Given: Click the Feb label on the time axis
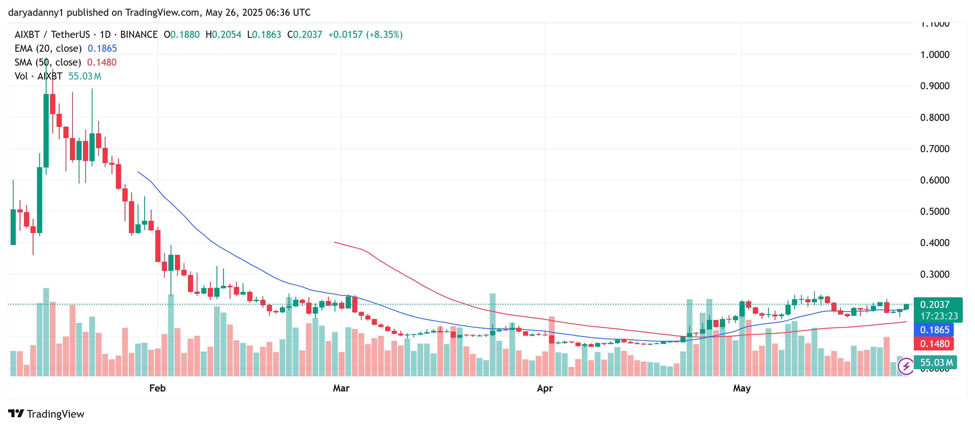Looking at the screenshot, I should click(x=157, y=388).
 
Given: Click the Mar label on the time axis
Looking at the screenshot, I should click(x=341, y=388).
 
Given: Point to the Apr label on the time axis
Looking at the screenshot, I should click(x=545, y=388).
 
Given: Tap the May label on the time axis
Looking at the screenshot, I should click(x=741, y=388).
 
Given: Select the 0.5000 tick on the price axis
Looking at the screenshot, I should click(x=934, y=211).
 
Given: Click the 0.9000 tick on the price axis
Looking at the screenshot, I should click(x=934, y=86).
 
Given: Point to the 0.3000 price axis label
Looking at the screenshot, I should click(x=934, y=274).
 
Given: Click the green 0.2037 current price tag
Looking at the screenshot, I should click(x=934, y=304).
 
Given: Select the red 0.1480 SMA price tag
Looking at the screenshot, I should click(x=934, y=344).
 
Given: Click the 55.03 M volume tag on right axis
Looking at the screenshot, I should click(x=936, y=362).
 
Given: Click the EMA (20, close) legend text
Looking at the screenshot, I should click(x=48, y=48).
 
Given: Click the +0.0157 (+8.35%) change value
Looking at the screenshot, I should click(x=365, y=35).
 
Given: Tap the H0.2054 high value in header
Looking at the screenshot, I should click(x=223, y=35).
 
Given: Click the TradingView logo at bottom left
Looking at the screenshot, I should click(x=46, y=414).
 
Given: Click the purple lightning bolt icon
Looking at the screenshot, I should click(x=906, y=366).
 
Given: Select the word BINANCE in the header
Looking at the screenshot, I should click(x=138, y=35).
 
